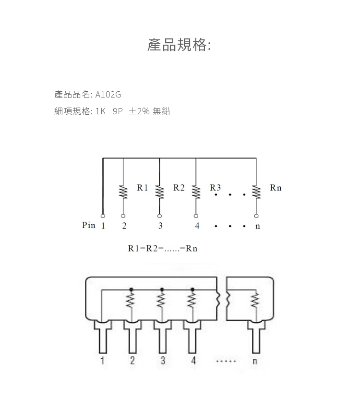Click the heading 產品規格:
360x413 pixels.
coord(179,45)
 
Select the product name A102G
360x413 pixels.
coord(108,95)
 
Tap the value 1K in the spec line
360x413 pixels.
coord(100,111)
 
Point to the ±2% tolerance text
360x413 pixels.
coord(139,111)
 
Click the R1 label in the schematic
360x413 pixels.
coord(142,188)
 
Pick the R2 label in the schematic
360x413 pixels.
coord(179,188)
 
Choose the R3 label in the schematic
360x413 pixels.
coord(215,188)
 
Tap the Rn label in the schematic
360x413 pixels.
coord(276,188)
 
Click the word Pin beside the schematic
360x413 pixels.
coord(88,225)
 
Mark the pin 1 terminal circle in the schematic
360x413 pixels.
coord(103,216)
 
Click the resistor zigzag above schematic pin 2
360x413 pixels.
coord(123,192)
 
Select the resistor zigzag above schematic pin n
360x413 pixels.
coord(256,192)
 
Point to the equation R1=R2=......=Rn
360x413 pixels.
coord(163,248)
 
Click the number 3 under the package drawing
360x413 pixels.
coord(163,360)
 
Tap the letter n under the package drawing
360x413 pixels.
coord(255,361)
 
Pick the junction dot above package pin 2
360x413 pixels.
coord(132,290)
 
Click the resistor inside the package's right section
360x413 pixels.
coord(255,300)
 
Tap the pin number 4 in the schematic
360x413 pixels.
coord(197,225)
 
